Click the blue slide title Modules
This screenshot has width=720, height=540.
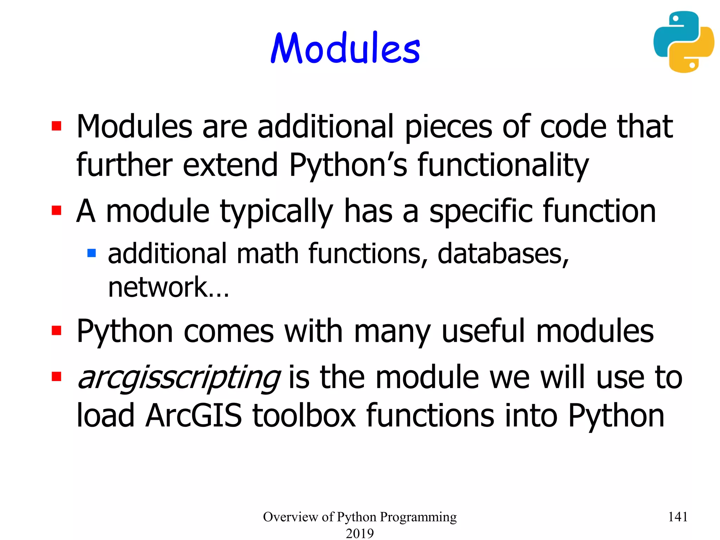[345, 48]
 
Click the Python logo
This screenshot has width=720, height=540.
[684, 42]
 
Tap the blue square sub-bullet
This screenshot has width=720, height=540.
[91, 253]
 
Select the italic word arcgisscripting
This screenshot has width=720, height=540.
[179, 378]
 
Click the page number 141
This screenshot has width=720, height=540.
[677, 517]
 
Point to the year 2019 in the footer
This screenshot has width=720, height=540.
[360, 533]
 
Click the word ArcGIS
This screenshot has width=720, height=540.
[194, 416]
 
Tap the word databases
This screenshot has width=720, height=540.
[503, 254]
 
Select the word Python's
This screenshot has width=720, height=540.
[348, 165]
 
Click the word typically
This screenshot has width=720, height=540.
[276, 212]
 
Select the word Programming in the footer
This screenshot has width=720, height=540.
[418, 517]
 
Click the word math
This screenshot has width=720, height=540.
[268, 254]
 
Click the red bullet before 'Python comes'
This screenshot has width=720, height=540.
[57, 330]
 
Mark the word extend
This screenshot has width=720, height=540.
[231, 165]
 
